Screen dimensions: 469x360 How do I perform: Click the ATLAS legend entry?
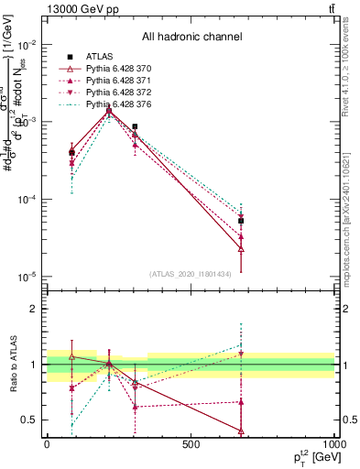[x=100, y=58]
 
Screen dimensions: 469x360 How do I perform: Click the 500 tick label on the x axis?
[x=191, y=443]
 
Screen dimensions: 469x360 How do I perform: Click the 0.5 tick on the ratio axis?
[x=29, y=420]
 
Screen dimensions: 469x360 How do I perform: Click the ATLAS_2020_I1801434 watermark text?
[x=191, y=274]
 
